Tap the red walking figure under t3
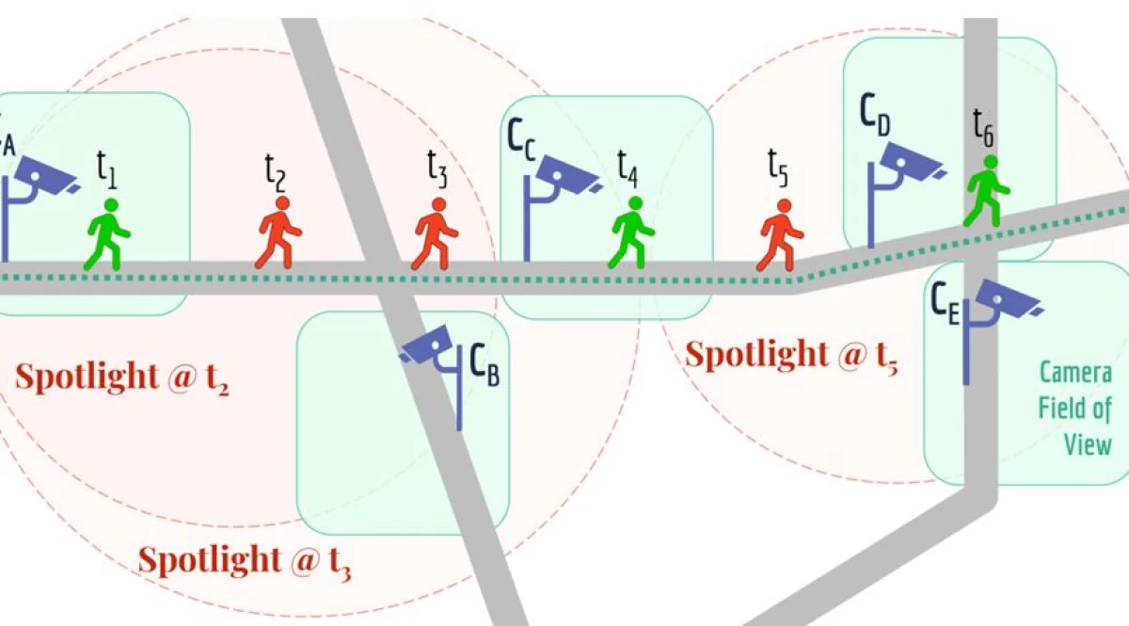436,233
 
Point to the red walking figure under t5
781,234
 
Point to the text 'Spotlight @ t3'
244,561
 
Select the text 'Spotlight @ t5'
790,356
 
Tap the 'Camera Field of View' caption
1074,408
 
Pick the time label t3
437,170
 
